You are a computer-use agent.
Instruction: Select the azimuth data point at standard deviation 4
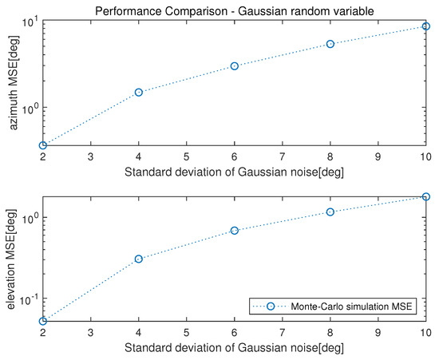click(139, 93)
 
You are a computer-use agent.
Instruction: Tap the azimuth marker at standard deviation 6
click(235, 65)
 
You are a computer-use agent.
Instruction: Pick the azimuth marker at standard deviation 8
click(330, 44)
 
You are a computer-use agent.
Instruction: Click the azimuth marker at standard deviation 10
click(426, 26)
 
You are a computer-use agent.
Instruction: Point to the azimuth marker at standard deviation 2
click(43, 145)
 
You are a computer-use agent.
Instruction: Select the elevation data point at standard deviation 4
click(139, 259)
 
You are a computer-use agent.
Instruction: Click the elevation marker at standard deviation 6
click(235, 231)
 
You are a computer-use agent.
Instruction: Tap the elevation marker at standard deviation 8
click(330, 212)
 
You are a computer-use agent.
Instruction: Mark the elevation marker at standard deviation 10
click(426, 196)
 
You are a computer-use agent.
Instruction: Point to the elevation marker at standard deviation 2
click(43, 321)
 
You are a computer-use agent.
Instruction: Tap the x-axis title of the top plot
click(234, 170)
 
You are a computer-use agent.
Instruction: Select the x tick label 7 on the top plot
click(283, 156)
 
